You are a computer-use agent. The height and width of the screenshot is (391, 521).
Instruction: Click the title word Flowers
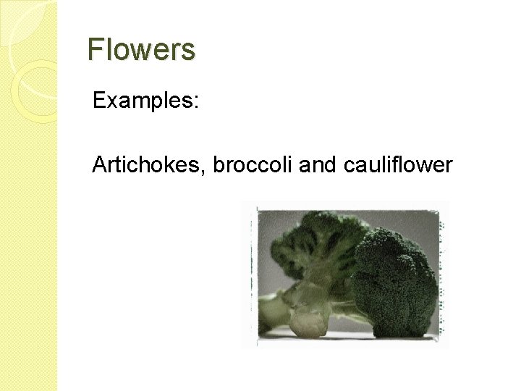click(141, 50)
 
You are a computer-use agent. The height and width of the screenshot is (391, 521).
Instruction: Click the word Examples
click(142, 101)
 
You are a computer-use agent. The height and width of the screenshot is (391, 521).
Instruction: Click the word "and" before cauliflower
click(313, 165)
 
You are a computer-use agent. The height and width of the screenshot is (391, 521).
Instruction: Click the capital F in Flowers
click(94, 50)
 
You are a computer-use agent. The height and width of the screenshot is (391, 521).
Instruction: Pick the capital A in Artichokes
click(99, 165)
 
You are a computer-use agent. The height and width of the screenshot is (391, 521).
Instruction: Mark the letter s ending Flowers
click(189, 51)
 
